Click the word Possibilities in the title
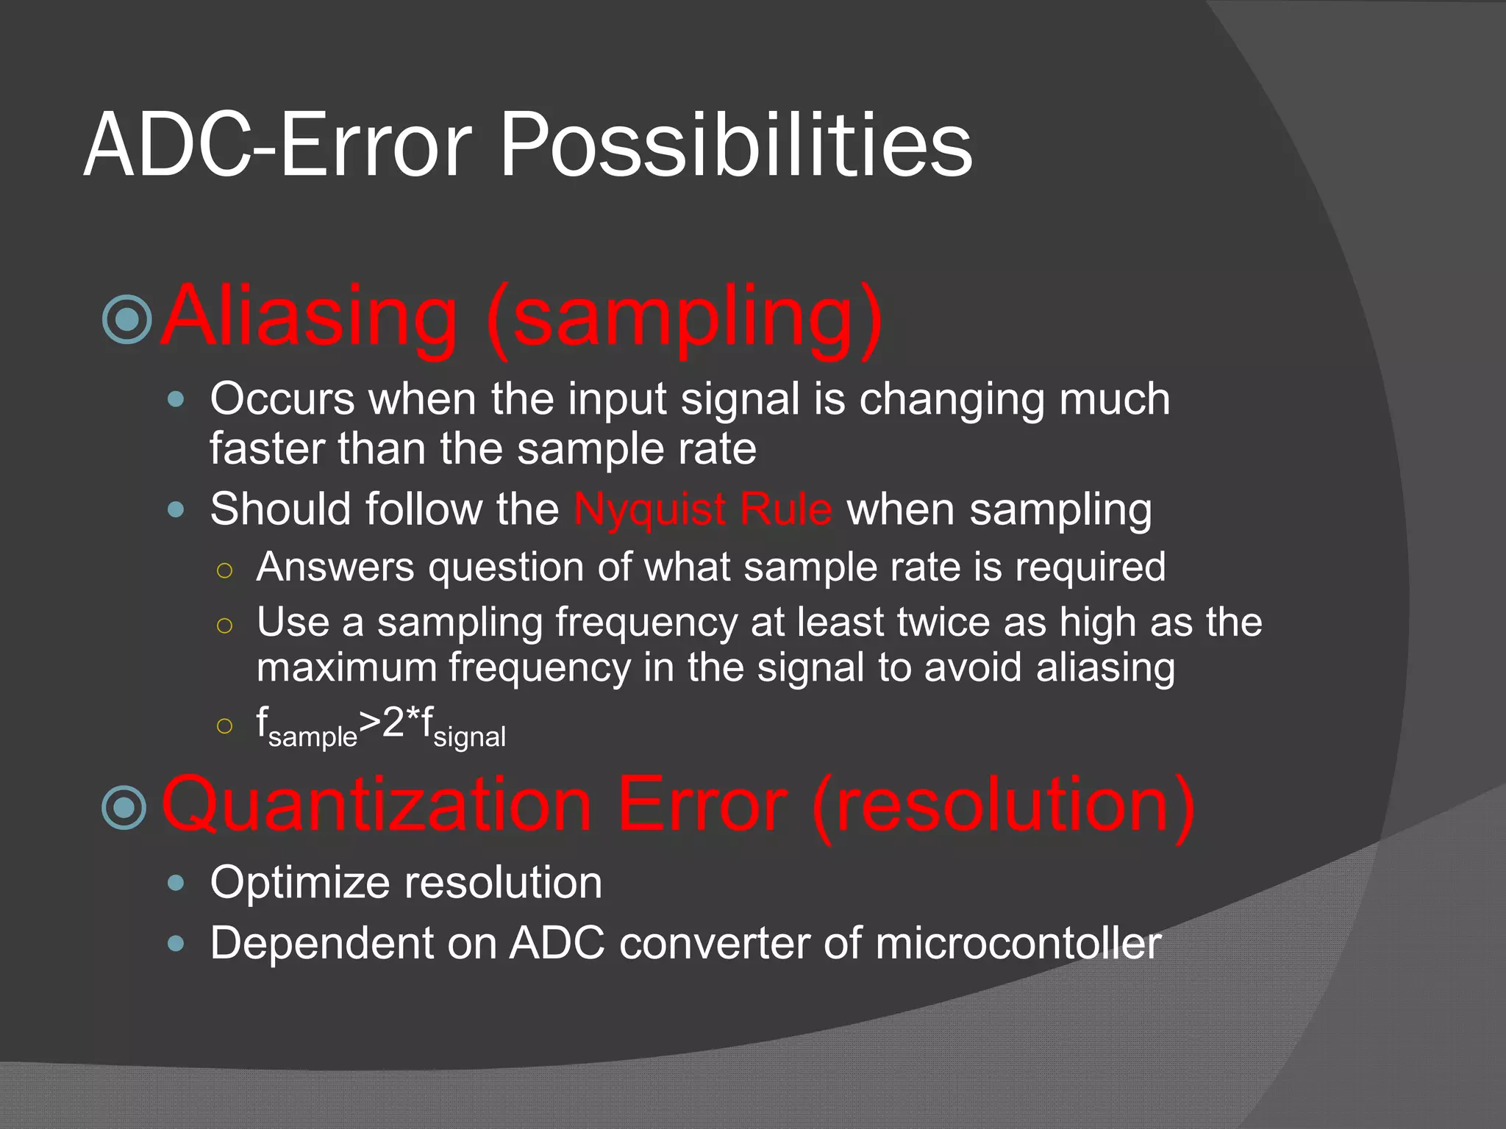point(735,145)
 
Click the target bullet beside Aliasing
point(126,320)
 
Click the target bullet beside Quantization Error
point(125,807)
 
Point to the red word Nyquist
point(650,509)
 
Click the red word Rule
point(786,509)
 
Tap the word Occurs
point(282,399)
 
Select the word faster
point(266,448)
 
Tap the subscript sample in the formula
point(313,737)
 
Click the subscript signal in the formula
point(469,737)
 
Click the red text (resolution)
point(1003,806)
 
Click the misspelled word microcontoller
point(1018,943)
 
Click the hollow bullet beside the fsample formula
point(225,726)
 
